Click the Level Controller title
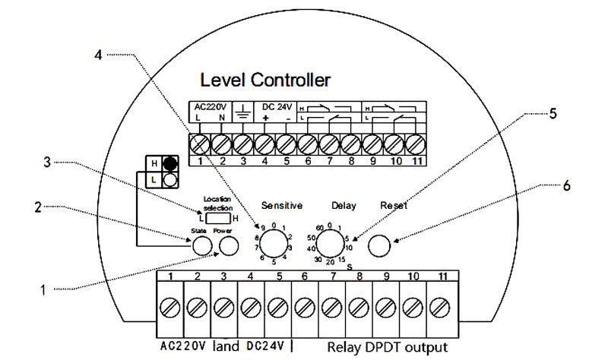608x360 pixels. click(x=264, y=79)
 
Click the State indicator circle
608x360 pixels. click(x=202, y=245)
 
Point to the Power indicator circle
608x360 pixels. click(x=228, y=245)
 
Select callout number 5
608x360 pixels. click(x=553, y=113)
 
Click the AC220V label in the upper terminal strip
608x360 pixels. click(x=208, y=107)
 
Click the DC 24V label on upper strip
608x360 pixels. click(x=277, y=107)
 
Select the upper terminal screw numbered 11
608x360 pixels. click(x=414, y=141)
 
